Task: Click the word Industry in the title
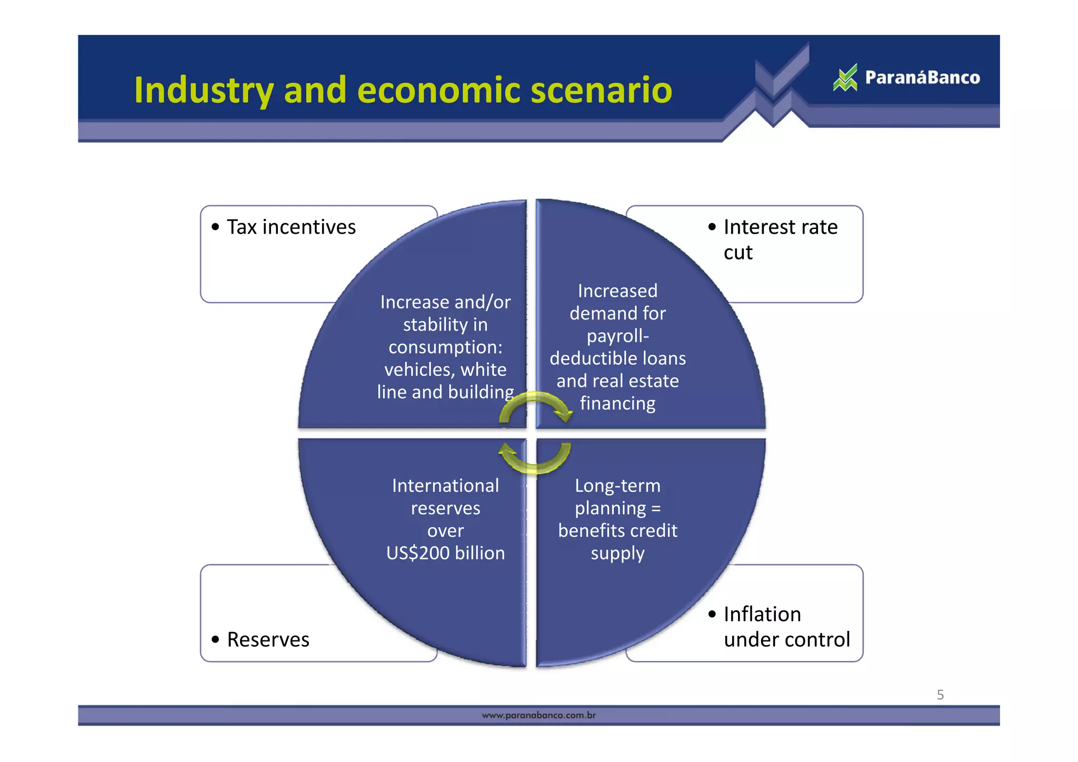(204, 91)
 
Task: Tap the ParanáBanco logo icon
(845, 78)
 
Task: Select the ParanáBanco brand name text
(922, 78)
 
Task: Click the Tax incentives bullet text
(291, 227)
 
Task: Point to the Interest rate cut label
(780, 239)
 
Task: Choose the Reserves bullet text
(268, 640)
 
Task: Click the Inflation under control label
(786, 627)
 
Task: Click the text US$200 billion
(445, 553)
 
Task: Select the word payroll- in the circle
(617, 336)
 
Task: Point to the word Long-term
(617, 486)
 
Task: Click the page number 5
(940, 695)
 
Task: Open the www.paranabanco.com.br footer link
(538, 715)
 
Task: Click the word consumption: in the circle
(445, 347)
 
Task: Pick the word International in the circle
(445, 486)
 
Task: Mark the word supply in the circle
(617, 554)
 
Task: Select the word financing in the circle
(617, 404)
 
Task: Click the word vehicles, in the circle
(420, 370)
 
